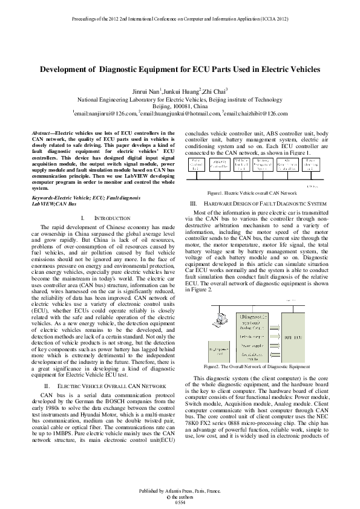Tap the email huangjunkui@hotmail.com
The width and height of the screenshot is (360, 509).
click(x=180, y=113)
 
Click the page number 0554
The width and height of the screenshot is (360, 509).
click(x=180, y=502)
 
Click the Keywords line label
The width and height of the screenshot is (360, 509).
click(x=50, y=198)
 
